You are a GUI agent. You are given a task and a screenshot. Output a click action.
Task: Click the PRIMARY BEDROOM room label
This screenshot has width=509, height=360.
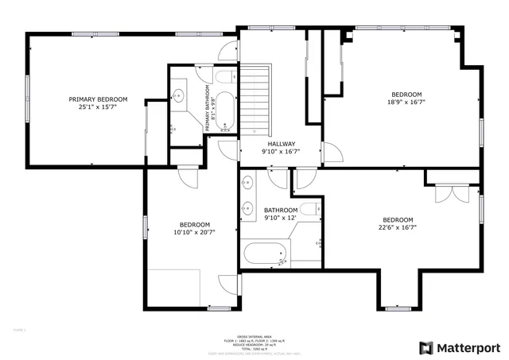click(x=98, y=99)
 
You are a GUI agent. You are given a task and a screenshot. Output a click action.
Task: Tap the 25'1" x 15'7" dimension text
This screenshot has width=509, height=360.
click(x=98, y=108)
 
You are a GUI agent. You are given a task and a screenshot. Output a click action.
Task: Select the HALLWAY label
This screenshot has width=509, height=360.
click(x=282, y=144)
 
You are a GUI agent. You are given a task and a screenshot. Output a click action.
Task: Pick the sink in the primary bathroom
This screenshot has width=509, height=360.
click(x=179, y=96)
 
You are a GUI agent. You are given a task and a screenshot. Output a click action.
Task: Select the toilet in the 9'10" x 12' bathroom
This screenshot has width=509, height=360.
click(x=310, y=210)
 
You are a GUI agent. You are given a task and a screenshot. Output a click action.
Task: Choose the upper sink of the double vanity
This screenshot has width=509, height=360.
click(x=247, y=181)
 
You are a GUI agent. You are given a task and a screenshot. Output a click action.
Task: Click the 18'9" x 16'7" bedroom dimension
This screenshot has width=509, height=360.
click(x=406, y=102)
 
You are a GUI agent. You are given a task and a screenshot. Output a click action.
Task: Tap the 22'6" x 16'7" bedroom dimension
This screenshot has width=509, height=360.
click(x=398, y=228)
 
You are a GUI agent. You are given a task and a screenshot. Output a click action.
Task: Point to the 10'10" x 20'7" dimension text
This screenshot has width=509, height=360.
click(x=194, y=232)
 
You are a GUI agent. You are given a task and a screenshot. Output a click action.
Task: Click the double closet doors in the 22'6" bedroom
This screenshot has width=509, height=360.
click(x=448, y=192)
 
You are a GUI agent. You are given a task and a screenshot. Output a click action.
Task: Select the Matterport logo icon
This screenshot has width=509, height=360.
click(x=426, y=347)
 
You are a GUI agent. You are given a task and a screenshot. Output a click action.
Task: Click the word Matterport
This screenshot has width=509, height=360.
click(x=469, y=347)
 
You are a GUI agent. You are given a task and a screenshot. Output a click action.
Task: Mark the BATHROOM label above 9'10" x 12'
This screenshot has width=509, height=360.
click(x=280, y=211)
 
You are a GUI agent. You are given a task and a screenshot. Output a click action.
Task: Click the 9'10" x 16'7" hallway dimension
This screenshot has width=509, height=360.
click(x=282, y=152)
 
